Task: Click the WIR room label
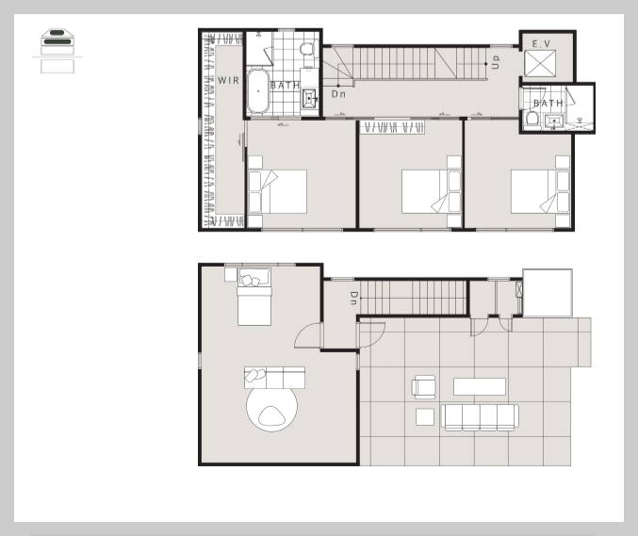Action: (229, 80)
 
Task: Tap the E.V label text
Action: (541, 43)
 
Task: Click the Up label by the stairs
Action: (495, 62)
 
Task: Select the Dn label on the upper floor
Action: (338, 94)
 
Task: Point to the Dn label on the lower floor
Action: (354, 298)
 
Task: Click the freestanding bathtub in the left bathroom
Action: (258, 91)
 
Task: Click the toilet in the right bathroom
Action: (532, 121)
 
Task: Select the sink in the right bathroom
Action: (554, 122)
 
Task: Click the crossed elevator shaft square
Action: (540, 63)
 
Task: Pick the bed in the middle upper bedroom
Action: (432, 191)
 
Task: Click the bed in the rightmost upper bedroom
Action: (540, 191)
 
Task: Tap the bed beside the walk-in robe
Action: (277, 191)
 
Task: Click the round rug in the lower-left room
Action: (271, 407)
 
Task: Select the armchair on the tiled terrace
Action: (424, 387)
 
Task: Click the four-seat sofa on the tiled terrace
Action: (480, 417)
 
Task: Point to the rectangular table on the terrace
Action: (480, 386)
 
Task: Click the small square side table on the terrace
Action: (425, 417)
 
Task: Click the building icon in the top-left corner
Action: (57, 51)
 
